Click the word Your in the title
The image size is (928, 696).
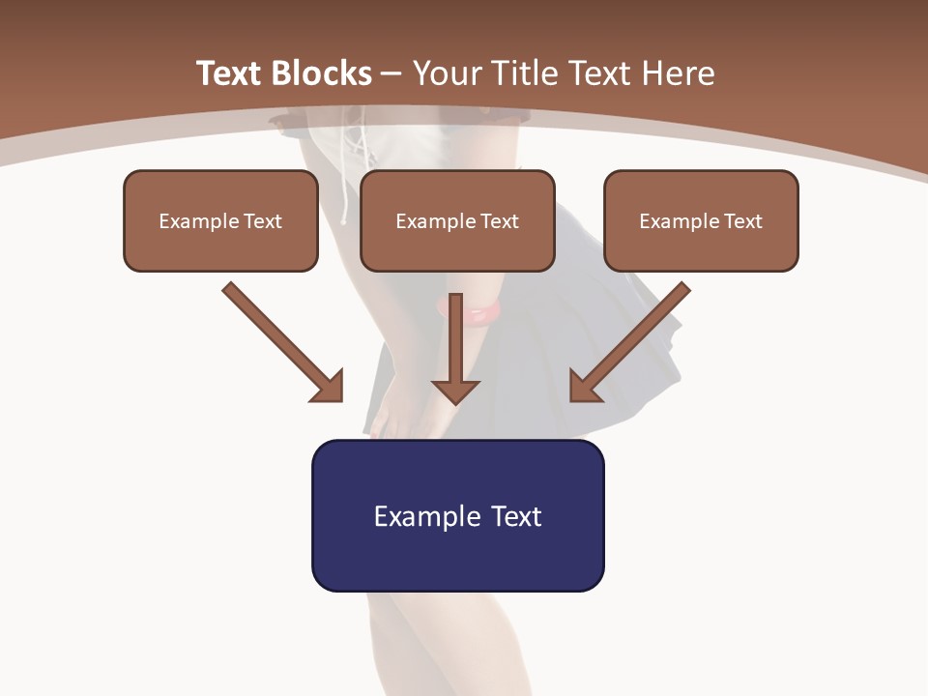pyautogui.click(x=448, y=73)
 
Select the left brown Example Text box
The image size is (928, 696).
pyautogui.click(x=220, y=221)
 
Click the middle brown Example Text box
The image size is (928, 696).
pyautogui.click(x=457, y=221)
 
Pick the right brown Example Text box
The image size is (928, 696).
pyautogui.click(x=701, y=221)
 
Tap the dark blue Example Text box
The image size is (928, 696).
pyautogui.click(x=457, y=516)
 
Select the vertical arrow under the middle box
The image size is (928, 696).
pyautogui.click(x=455, y=338)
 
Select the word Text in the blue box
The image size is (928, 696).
pyautogui.click(x=516, y=516)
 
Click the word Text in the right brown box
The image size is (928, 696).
pyautogui.click(x=742, y=221)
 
